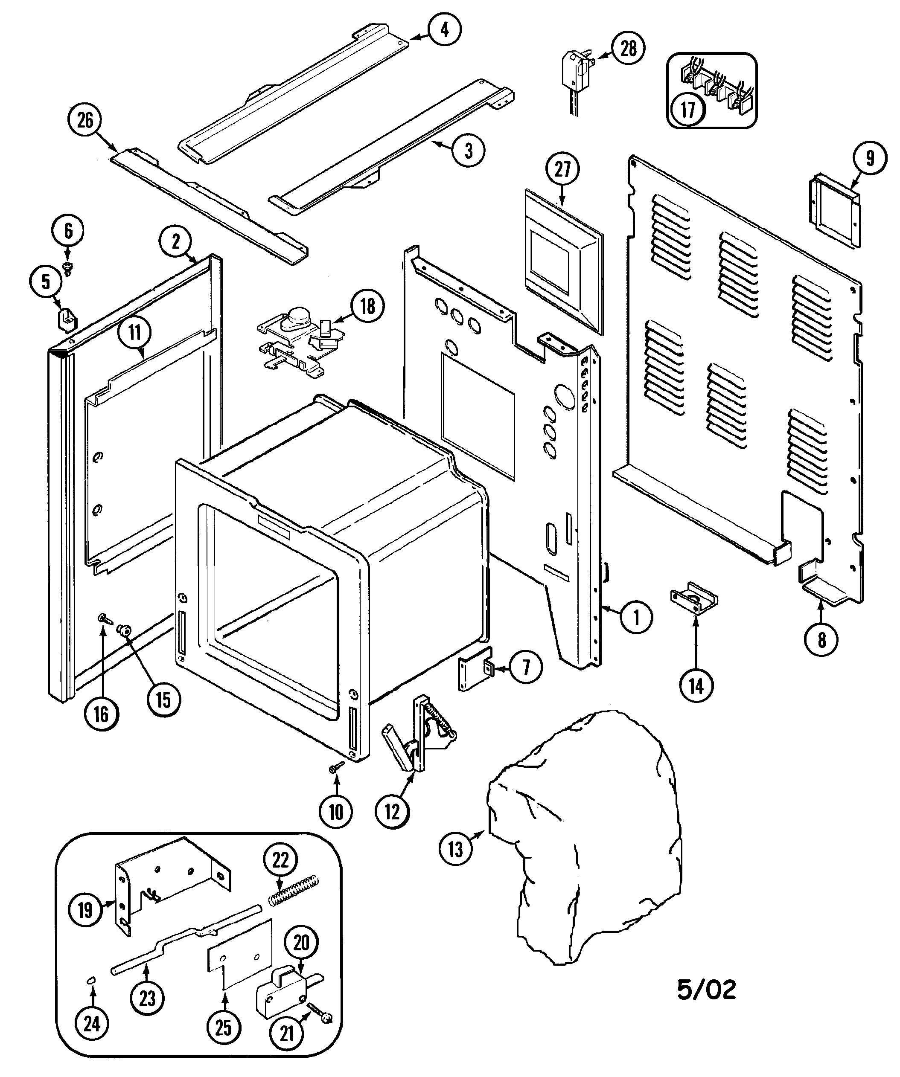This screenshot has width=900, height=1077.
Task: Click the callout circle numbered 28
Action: (628, 48)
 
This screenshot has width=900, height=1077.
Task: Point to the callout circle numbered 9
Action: (870, 159)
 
